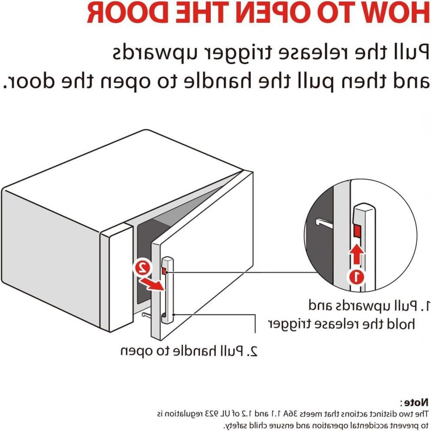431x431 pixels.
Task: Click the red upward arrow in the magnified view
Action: click(x=357, y=255)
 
